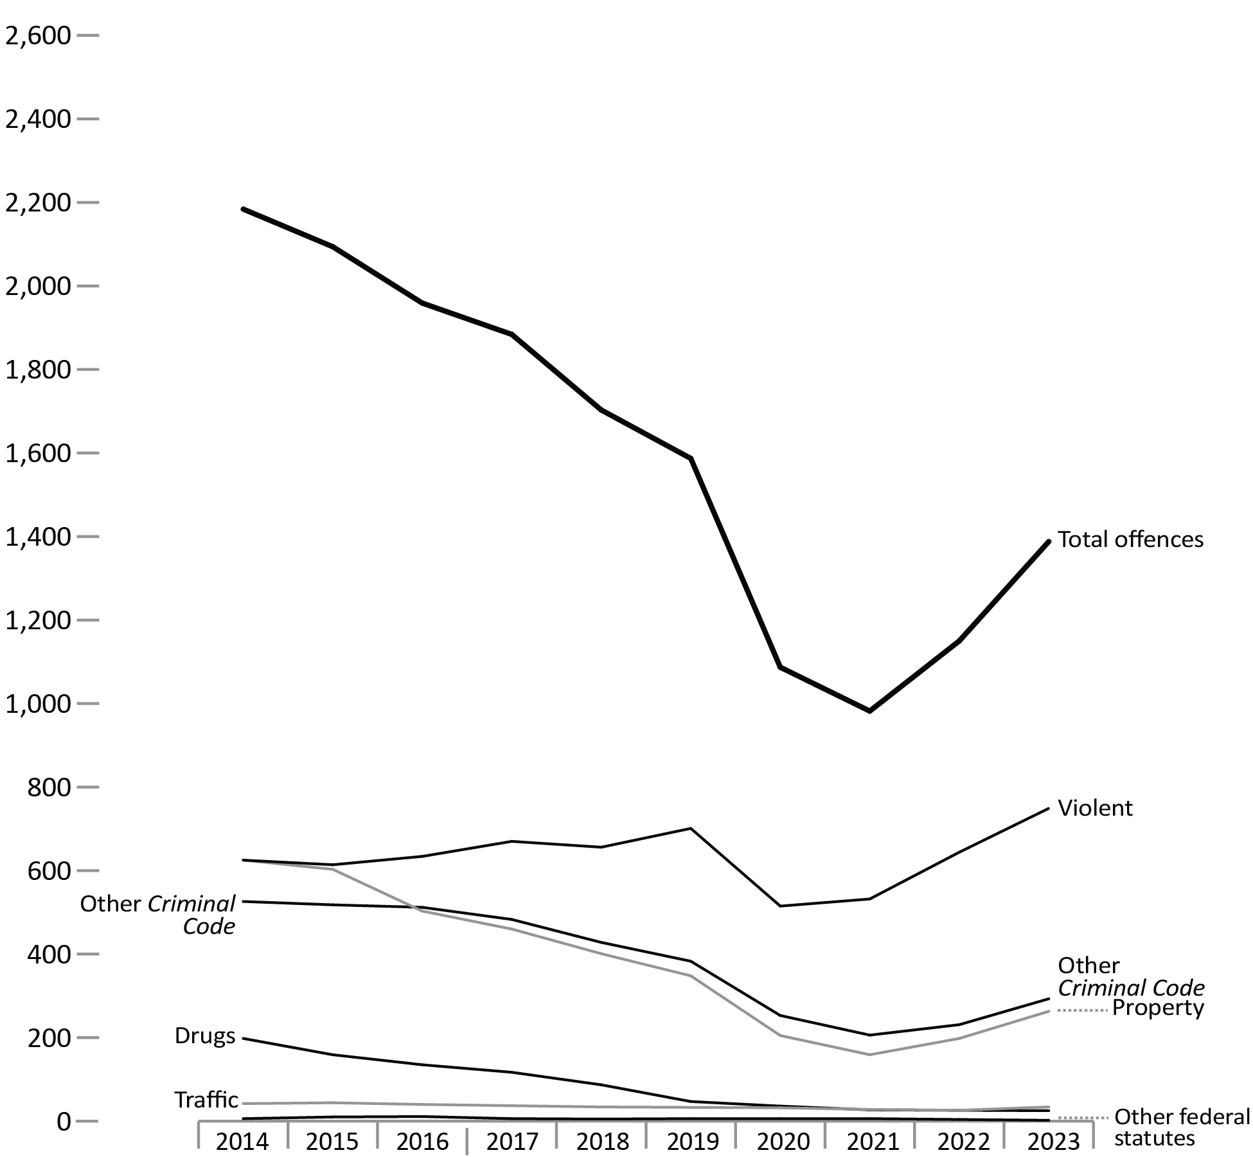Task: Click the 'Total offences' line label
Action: tap(1130, 539)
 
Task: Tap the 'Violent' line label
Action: tap(1095, 808)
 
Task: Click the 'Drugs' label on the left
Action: tap(205, 1036)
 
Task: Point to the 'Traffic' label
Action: tap(206, 1100)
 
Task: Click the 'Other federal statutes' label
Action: tap(1182, 1127)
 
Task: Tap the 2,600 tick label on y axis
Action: tap(37, 35)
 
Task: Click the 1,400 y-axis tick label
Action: tap(37, 537)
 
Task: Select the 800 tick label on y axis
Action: tap(49, 787)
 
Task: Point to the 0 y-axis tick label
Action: tap(64, 1122)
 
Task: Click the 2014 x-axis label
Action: tap(242, 1142)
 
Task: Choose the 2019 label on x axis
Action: tap(693, 1142)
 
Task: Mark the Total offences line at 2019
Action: tap(691, 458)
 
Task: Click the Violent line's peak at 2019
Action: tap(691, 829)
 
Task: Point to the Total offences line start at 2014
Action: tap(243, 209)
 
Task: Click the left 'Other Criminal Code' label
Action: tap(157, 915)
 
